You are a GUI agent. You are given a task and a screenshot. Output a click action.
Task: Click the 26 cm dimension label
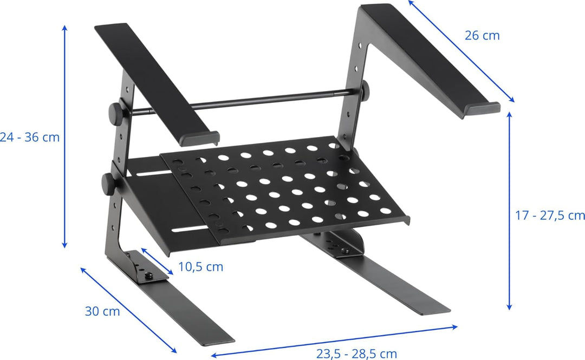tap(482, 35)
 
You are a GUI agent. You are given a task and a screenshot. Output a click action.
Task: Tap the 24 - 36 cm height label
tap(29, 138)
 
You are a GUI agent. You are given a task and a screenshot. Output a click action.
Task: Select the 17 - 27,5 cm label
tap(550, 215)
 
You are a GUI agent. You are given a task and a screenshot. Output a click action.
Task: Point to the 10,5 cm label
tap(200, 267)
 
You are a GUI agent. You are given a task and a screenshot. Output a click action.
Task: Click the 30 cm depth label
tap(102, 311)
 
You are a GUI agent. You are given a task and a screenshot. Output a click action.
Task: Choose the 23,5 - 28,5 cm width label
tap(356, 354)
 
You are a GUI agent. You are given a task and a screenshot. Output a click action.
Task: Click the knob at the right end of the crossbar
tap(365, 90)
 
